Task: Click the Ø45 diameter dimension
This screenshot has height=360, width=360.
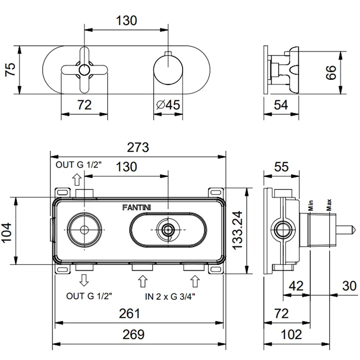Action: [x=168, y=105]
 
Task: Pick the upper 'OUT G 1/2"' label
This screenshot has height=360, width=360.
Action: [x=79, y=165]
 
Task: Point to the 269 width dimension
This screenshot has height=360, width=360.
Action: [x=138, y=335]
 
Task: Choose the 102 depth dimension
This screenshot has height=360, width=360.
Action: [x=292, y=335]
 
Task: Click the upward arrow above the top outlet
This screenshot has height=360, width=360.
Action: [x=77, y=179]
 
